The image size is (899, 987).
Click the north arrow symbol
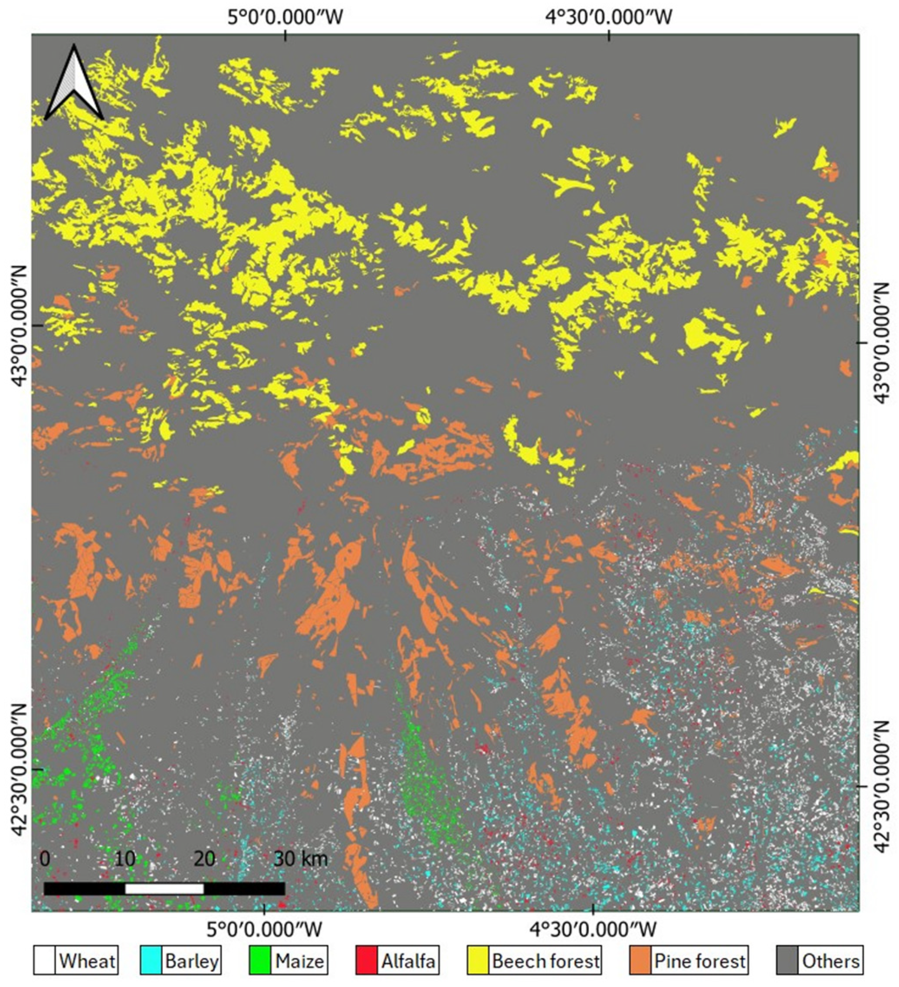74,83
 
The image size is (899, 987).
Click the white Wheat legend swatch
45,961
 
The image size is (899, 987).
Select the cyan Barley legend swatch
151,961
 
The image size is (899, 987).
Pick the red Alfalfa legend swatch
366,961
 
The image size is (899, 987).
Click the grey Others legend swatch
787,961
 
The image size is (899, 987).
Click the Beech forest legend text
546,961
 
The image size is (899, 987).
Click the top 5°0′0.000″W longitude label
285,17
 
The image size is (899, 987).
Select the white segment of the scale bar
164,888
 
